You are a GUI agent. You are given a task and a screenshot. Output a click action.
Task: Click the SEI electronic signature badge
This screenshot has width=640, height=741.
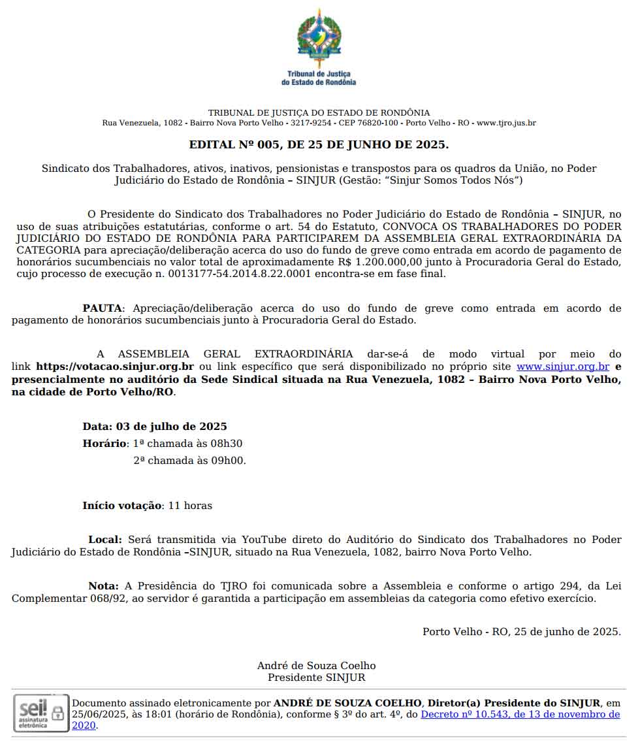(x=41, y=712)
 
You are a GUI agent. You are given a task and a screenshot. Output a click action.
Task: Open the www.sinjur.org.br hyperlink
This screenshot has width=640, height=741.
(x=563, y=367)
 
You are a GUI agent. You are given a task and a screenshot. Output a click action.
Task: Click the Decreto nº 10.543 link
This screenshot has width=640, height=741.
(x=520, y=714)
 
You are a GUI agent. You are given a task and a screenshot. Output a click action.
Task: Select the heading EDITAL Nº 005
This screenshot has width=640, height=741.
(x=319, y=144)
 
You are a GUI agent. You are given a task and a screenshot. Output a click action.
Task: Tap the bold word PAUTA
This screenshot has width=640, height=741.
(x=103, y=308)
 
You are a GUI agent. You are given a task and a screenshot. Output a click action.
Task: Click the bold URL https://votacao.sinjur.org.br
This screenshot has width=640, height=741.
(x=115, y=367)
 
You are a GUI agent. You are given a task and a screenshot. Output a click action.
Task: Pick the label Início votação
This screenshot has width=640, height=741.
(x=121, y=506)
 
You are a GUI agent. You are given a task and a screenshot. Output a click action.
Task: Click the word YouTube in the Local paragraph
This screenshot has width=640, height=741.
(x=264, y=540)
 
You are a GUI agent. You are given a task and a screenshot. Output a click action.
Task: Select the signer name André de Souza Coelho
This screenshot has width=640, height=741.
(x=316, y=666)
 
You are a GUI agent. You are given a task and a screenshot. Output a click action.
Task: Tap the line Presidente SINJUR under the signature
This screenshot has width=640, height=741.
(x=316, y=678)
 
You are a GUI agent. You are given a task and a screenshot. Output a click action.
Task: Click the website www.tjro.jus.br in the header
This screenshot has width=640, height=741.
(x=506, y=123)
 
